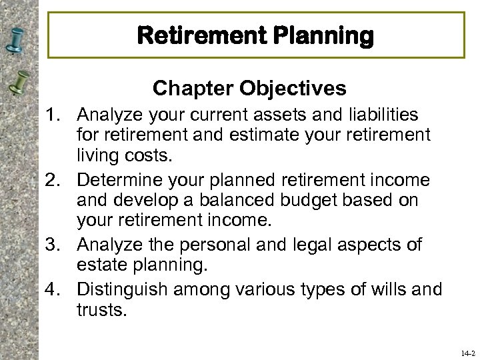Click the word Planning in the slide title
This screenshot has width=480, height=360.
coord(324,36)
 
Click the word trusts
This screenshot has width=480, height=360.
coord(101,309)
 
